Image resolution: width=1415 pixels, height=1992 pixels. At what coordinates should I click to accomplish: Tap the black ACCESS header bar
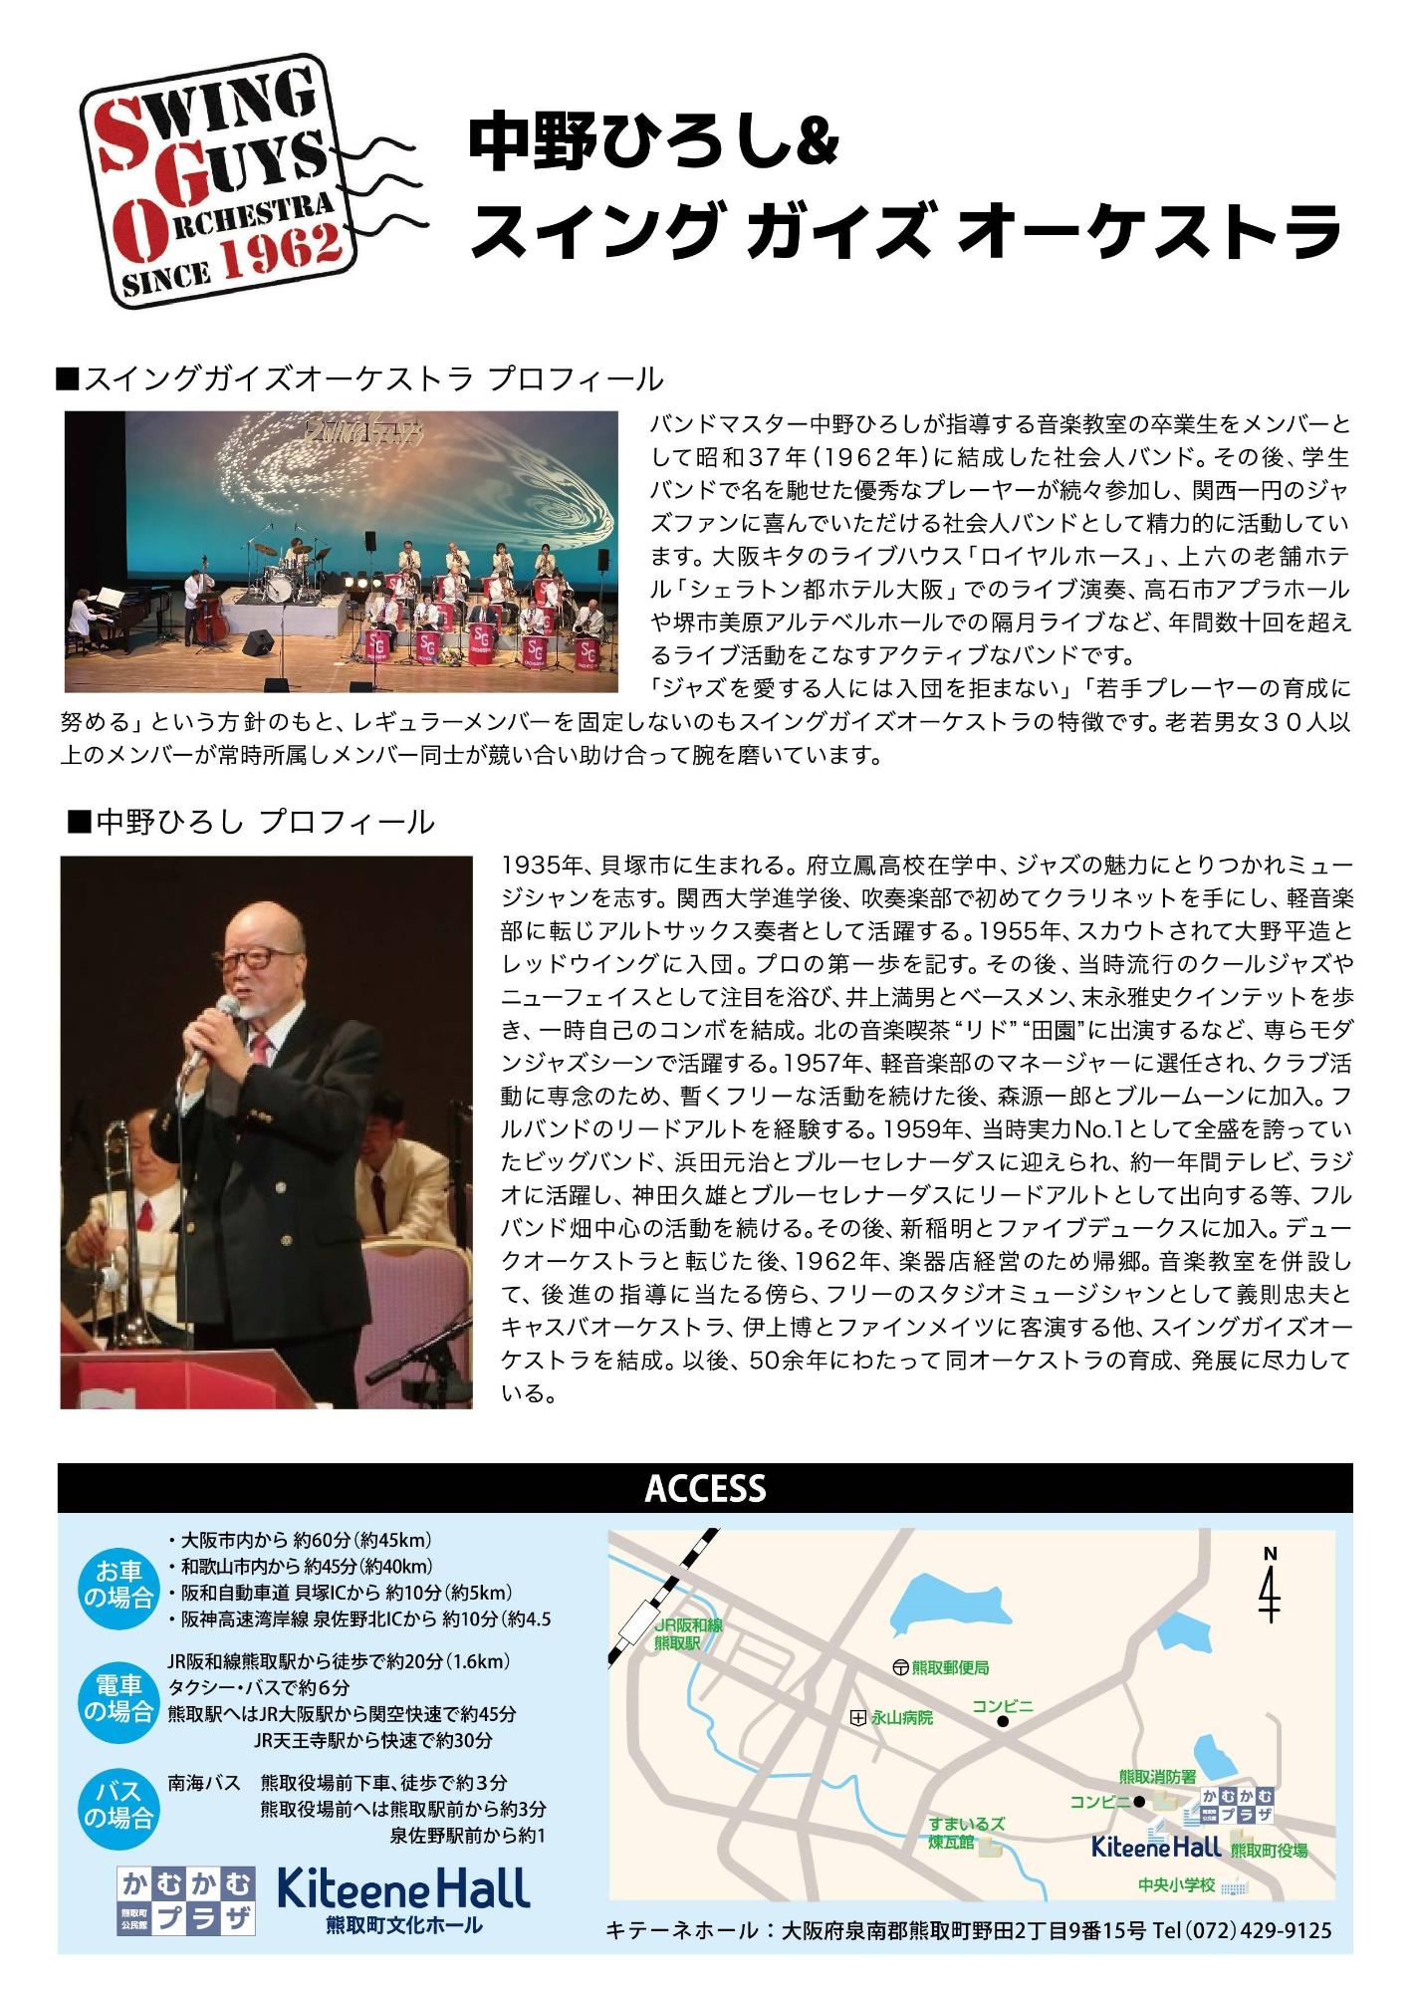(x=705, y=1488)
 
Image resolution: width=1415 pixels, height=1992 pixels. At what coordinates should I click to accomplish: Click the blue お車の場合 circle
(x=123, y=1585)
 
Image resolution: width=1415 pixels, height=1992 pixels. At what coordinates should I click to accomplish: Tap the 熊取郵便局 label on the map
(x=949, y=1667)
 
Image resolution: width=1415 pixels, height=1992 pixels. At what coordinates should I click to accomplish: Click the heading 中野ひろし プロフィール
(x=251, y=823)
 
